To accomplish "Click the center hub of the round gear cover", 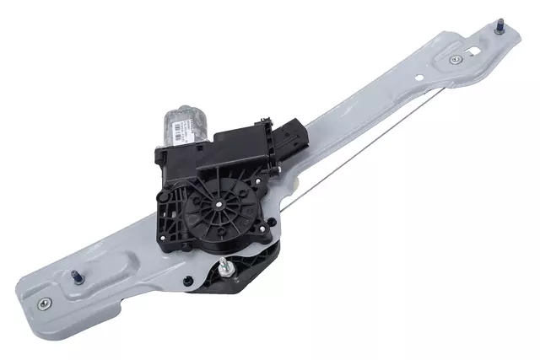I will coord(219,201).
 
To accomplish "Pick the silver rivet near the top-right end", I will coord(456,60).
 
